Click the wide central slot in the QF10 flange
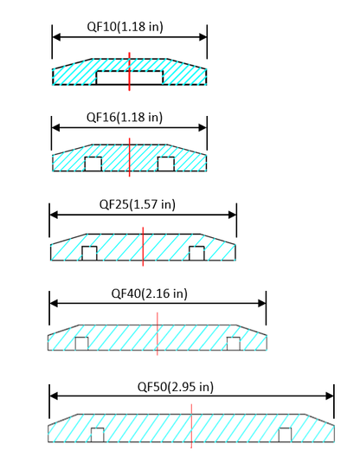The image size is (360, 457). (x=129, y=78)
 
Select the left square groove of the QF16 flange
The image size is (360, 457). (x=93, y=164)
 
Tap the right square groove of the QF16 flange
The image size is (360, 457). (x=166, y=164)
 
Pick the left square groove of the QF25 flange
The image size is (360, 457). (x=88, y=253)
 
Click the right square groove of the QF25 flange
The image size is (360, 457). (x=196, y=253)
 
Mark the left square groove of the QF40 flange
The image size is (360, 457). (x=81, y=343)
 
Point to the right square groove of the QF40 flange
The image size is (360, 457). (x=233, y=343)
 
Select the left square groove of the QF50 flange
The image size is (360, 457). (x=98, y=434)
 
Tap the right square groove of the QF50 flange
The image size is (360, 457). (x=285, y=434)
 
